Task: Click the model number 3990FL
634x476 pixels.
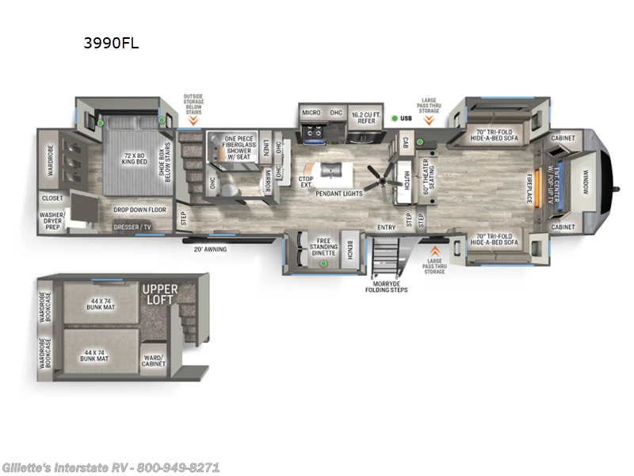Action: (112, 44)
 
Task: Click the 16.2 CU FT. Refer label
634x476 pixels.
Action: (368, 116)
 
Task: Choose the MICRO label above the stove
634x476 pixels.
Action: (311, 113)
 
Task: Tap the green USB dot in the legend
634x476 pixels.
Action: (395, 118)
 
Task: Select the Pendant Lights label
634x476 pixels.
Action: (338, 193)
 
